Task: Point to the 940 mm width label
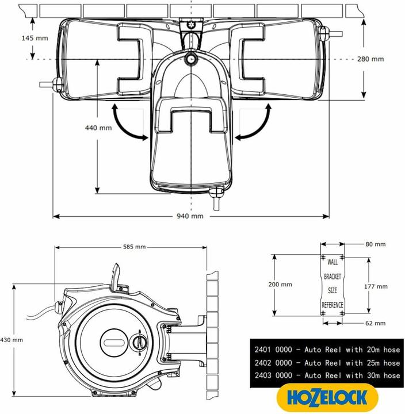point(190,216)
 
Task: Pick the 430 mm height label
point(12,340)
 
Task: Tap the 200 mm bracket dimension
point(280,284)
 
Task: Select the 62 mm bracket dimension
point(375,323)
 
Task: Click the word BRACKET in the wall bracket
point(333,277)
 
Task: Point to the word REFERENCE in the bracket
point(333,304)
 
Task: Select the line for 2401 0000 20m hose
point(327,350)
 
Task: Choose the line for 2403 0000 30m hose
point(327,375)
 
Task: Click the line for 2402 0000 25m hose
point(327,363)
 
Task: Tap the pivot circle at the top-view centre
point(191,59)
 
